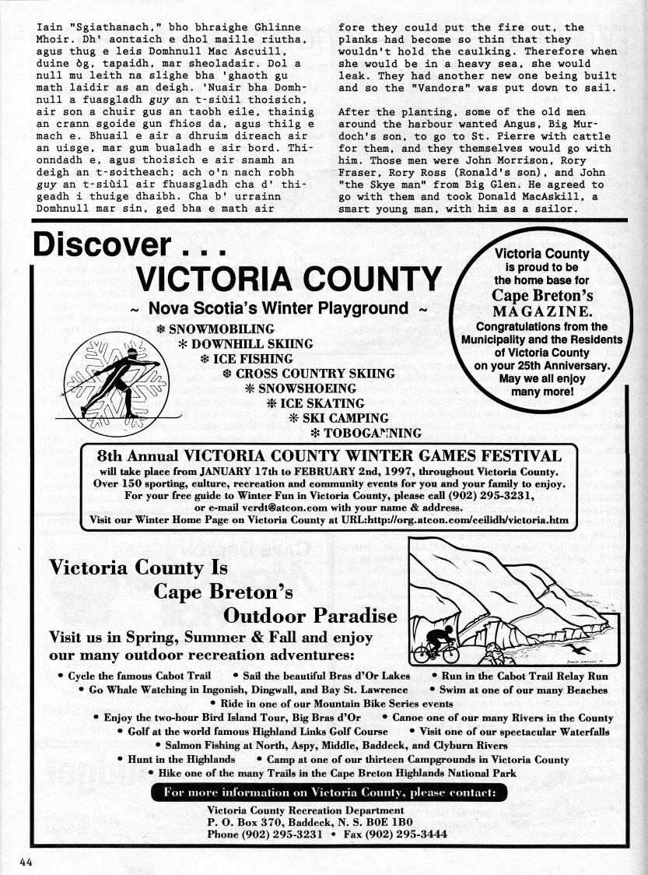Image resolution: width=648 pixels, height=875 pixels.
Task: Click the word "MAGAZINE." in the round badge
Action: point(543,311)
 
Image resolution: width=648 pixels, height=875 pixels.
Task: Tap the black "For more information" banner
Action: point(329,793)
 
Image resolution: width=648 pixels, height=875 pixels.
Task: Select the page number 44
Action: point(29,862)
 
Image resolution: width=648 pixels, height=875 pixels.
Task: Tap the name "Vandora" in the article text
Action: point(421,89)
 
